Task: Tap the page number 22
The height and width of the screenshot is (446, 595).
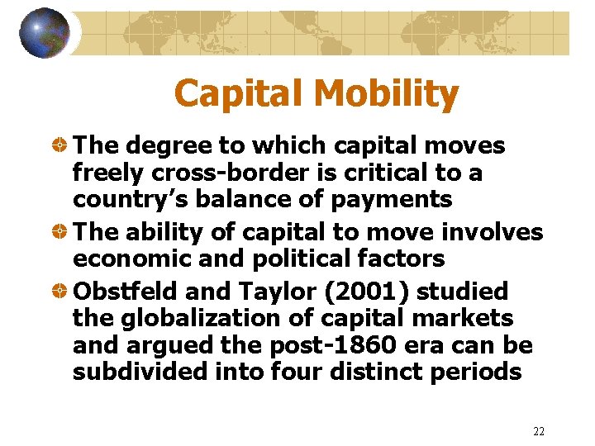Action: point(539,431)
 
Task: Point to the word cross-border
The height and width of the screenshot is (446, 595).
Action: point(212,173)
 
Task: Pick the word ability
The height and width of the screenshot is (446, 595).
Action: point(164,233)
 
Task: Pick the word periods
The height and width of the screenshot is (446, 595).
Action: point(477,371)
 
